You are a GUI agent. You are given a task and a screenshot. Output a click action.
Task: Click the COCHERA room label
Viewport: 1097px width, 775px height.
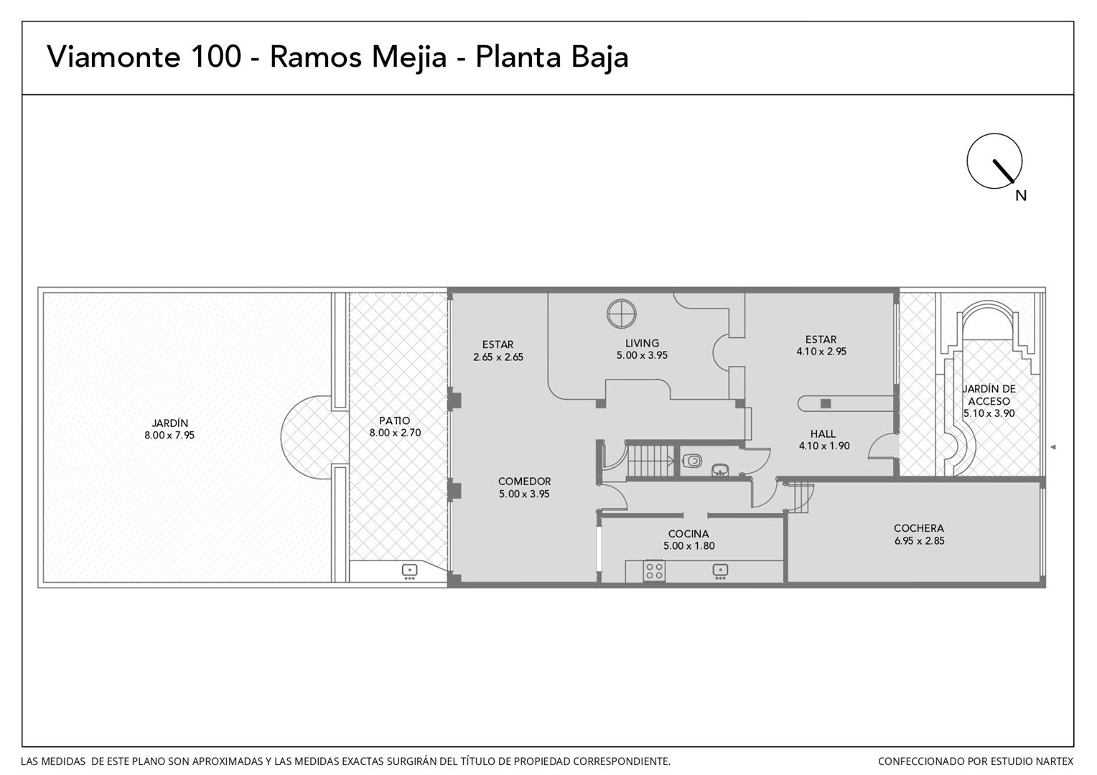[919, 528]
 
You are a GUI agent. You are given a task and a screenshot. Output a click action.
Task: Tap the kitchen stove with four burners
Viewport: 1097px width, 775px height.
[654, 571]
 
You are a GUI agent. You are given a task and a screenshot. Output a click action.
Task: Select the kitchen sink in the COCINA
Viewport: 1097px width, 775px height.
[720, 571]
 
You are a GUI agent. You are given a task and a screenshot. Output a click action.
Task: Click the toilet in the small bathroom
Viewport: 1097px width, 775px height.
[691, 461]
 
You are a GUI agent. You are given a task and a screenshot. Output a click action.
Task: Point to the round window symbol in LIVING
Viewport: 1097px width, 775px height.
[622, 314]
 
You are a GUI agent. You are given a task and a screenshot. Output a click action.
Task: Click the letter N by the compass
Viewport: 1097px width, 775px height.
[1021, 196]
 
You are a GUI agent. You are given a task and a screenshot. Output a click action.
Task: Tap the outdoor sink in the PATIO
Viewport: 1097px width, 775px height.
[409, 571]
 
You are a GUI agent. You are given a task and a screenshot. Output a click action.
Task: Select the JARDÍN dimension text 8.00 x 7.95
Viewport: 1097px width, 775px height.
[169, 436]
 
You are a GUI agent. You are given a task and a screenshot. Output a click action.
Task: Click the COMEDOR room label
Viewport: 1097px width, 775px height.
[525, 482]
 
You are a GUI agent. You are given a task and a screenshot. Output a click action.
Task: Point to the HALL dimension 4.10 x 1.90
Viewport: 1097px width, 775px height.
[824, 446]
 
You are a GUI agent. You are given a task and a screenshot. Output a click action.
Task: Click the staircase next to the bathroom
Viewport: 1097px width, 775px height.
[650, 460]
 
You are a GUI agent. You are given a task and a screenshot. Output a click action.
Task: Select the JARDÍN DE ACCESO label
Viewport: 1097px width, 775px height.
[989, 395]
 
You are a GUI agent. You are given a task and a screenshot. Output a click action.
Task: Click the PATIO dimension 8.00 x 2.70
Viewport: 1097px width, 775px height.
[395, 433]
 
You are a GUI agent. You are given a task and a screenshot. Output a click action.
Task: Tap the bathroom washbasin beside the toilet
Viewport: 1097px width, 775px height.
[719, 470]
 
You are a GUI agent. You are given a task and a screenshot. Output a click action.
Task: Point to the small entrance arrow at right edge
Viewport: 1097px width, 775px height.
[1053, 447]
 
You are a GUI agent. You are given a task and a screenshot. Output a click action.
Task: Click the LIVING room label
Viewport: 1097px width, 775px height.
[642, 343]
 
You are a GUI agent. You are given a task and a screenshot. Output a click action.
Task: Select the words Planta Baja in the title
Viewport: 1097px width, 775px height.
[552, 58]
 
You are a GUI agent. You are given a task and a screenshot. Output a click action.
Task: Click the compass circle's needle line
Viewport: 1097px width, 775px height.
[1004, 172]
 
